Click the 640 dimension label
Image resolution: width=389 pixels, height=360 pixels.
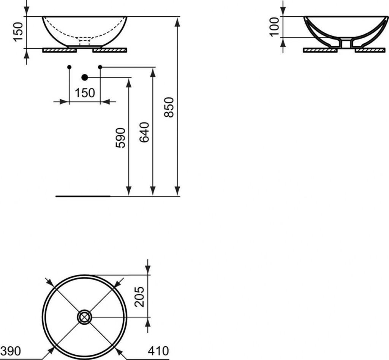tap(145, 132)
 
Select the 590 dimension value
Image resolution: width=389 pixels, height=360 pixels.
tap(120, 138)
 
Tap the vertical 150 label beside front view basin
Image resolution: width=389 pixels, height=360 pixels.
tap(19, 32)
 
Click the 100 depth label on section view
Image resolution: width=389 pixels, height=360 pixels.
tap(274, 27)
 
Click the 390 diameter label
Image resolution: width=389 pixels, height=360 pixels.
tap(10, 350)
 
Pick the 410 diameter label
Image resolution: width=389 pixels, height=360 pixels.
tap(157, 350)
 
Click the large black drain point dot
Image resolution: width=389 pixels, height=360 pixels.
tap(84, 77)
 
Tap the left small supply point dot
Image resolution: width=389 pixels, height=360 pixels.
tap(69, 67)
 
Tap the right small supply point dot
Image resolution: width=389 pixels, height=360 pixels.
tap(100, 67)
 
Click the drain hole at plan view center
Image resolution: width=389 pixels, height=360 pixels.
tap(84, 317)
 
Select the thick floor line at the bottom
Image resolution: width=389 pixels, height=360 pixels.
tap(83, 196)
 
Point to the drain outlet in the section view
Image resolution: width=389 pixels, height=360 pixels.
tap(346, 44)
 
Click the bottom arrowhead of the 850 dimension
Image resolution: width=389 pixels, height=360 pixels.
tap(177, 192)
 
